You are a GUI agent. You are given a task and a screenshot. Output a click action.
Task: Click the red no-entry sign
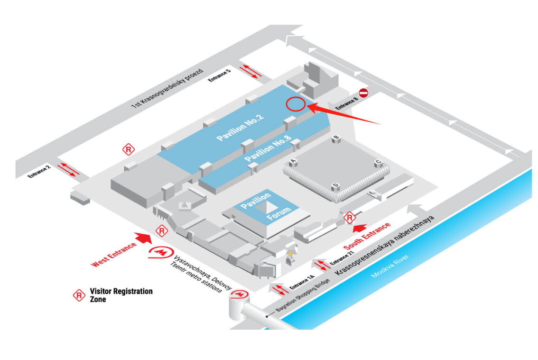coord(364,93)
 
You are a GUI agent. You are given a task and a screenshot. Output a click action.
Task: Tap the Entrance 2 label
coord(39,171)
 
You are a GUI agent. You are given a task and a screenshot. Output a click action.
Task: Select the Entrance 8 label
coord(347,104)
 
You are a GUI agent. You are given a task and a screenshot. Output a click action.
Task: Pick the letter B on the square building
coord(336,138)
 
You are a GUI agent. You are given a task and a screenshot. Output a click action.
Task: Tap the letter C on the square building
coord(378,162)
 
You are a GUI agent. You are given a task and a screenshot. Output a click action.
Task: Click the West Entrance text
coord(114,255)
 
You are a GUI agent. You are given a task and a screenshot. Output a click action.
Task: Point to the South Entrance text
coord(367,236)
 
